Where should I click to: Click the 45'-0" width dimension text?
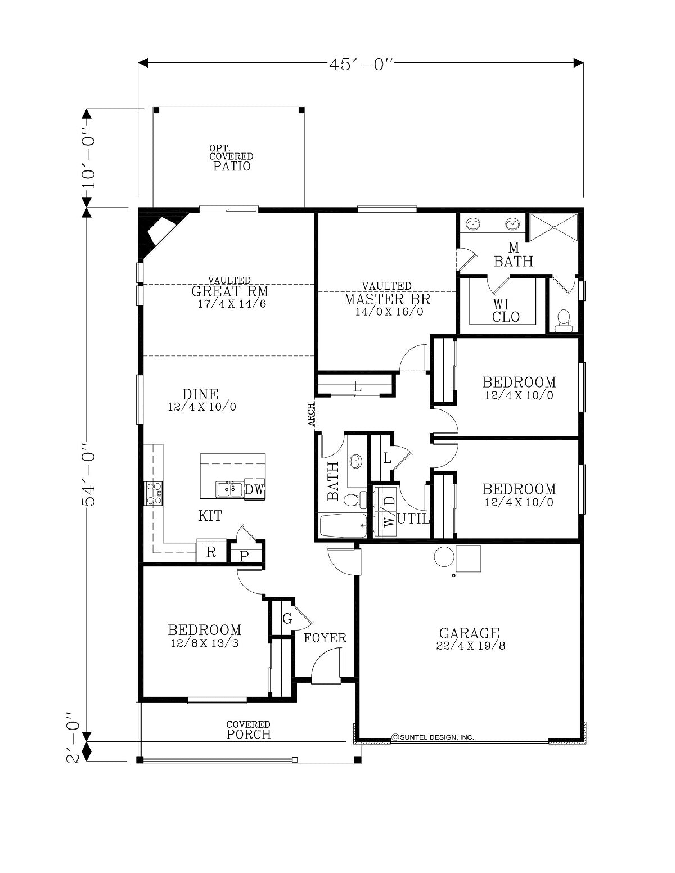pyautogui.click(x=361, y=64)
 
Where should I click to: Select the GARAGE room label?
pyautogui.click(x=469, y=633)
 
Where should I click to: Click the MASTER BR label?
pyautogui.click(x=387, y=299)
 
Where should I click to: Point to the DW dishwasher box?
pyautogui.click(x=254, y=489)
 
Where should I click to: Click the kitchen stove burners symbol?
pyautogui.click(x=154, y=493)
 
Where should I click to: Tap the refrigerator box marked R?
pyautogui.click(x=211, y=552)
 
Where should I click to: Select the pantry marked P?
pyautogui.click(x=245, y=556)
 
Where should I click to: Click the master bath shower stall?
pyautogui.click(x=553, y=228)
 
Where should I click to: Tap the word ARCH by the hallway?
pyautogui.click(x=311, y=414)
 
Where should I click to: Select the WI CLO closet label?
pyautogui.click(x=505, y=310)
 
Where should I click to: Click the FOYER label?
pyautogui.click(x=325, y=638)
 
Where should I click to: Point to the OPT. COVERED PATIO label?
pyautogui.click(x=231, y=158)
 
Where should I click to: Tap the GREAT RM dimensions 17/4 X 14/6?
pyautogui.click(x=232, y=304)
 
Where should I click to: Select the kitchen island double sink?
pyautogui.click(x=229, y=490)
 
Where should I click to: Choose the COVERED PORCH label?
pyautogui.click(x=249, y=730)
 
